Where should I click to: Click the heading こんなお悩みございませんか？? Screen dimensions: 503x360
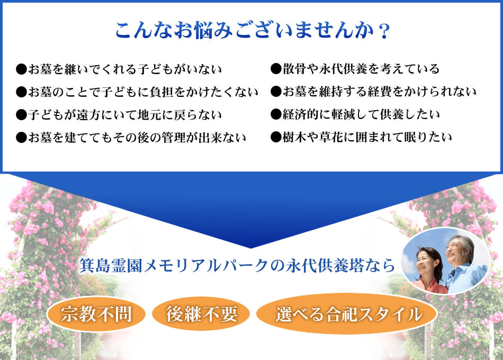tap(253, 31)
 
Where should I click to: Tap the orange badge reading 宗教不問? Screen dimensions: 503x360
tap(96, 314)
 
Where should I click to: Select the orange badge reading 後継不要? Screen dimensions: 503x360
tap(201, 314)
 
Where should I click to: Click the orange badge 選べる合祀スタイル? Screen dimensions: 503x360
tap(347, 314)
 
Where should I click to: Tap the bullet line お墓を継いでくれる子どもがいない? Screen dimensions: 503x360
tap(119, 69)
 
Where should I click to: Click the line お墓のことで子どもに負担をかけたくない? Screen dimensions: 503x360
tap(137, 92)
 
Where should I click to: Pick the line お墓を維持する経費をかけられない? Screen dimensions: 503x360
tap(373, 92)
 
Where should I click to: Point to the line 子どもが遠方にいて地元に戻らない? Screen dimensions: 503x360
tap(119, 115)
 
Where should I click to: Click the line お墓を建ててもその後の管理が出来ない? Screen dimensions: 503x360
tap(131, 138)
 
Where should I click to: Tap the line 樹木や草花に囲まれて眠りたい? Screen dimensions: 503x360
tap(361, 137)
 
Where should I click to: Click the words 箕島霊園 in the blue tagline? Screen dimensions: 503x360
tap(111, 266)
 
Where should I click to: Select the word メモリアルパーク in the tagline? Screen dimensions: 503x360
tap(205, 266)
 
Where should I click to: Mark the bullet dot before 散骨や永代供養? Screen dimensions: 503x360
tap(276, 69)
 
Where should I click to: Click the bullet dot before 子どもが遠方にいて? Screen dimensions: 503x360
tap(21, 115)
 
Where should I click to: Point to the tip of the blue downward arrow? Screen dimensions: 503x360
tap(251, 248)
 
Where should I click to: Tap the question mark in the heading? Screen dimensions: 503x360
tap(384, 32)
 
